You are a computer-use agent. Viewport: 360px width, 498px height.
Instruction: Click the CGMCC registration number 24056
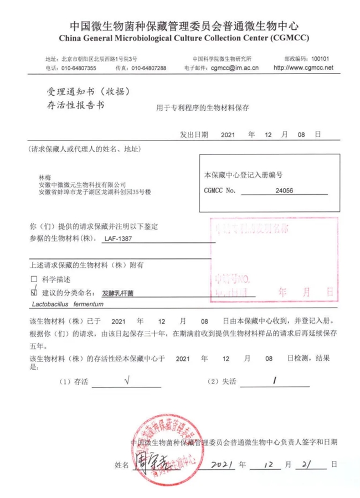coord(283,190)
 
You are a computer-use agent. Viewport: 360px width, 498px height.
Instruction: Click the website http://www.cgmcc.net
coord(304,68)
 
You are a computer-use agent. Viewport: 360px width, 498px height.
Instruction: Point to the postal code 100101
coord(320,58)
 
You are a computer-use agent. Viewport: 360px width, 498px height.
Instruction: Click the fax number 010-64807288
coord(148,68)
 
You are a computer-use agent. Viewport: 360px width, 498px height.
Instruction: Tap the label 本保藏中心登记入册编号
coord(244,174)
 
